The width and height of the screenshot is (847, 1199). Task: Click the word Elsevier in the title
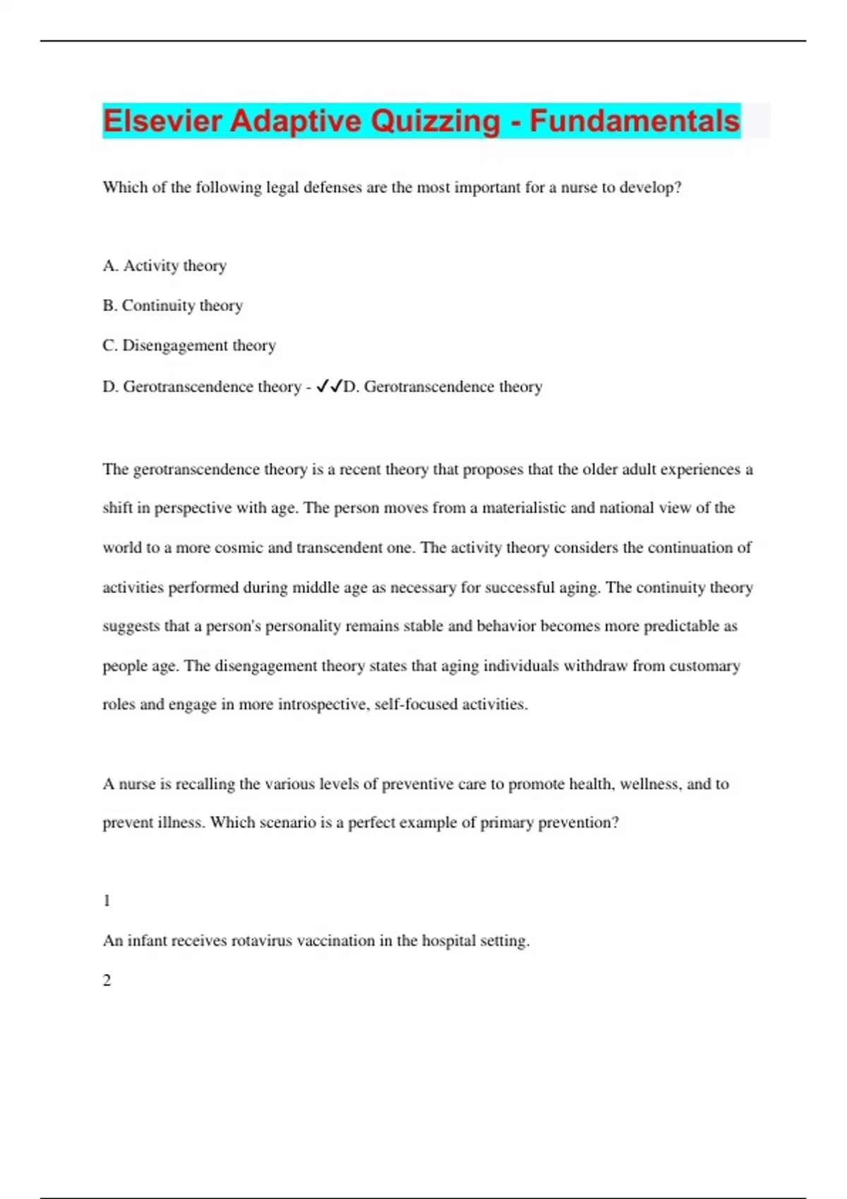coord(162,121)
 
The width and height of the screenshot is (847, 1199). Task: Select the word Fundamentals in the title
coord(635,121)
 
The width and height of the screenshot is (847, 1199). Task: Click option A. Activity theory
coord(164,266)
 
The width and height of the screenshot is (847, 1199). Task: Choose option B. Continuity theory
coord(172,305)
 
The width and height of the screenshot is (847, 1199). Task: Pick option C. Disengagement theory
coord(189,346)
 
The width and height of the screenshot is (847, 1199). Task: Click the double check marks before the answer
coord(329,387)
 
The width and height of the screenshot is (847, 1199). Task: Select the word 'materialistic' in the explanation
coord(524,509)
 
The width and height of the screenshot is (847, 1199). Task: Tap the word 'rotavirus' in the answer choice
coord(262,941)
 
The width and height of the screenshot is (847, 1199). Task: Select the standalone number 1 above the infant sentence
coord(107,901)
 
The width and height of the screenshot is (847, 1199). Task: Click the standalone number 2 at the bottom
coord(107,980)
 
